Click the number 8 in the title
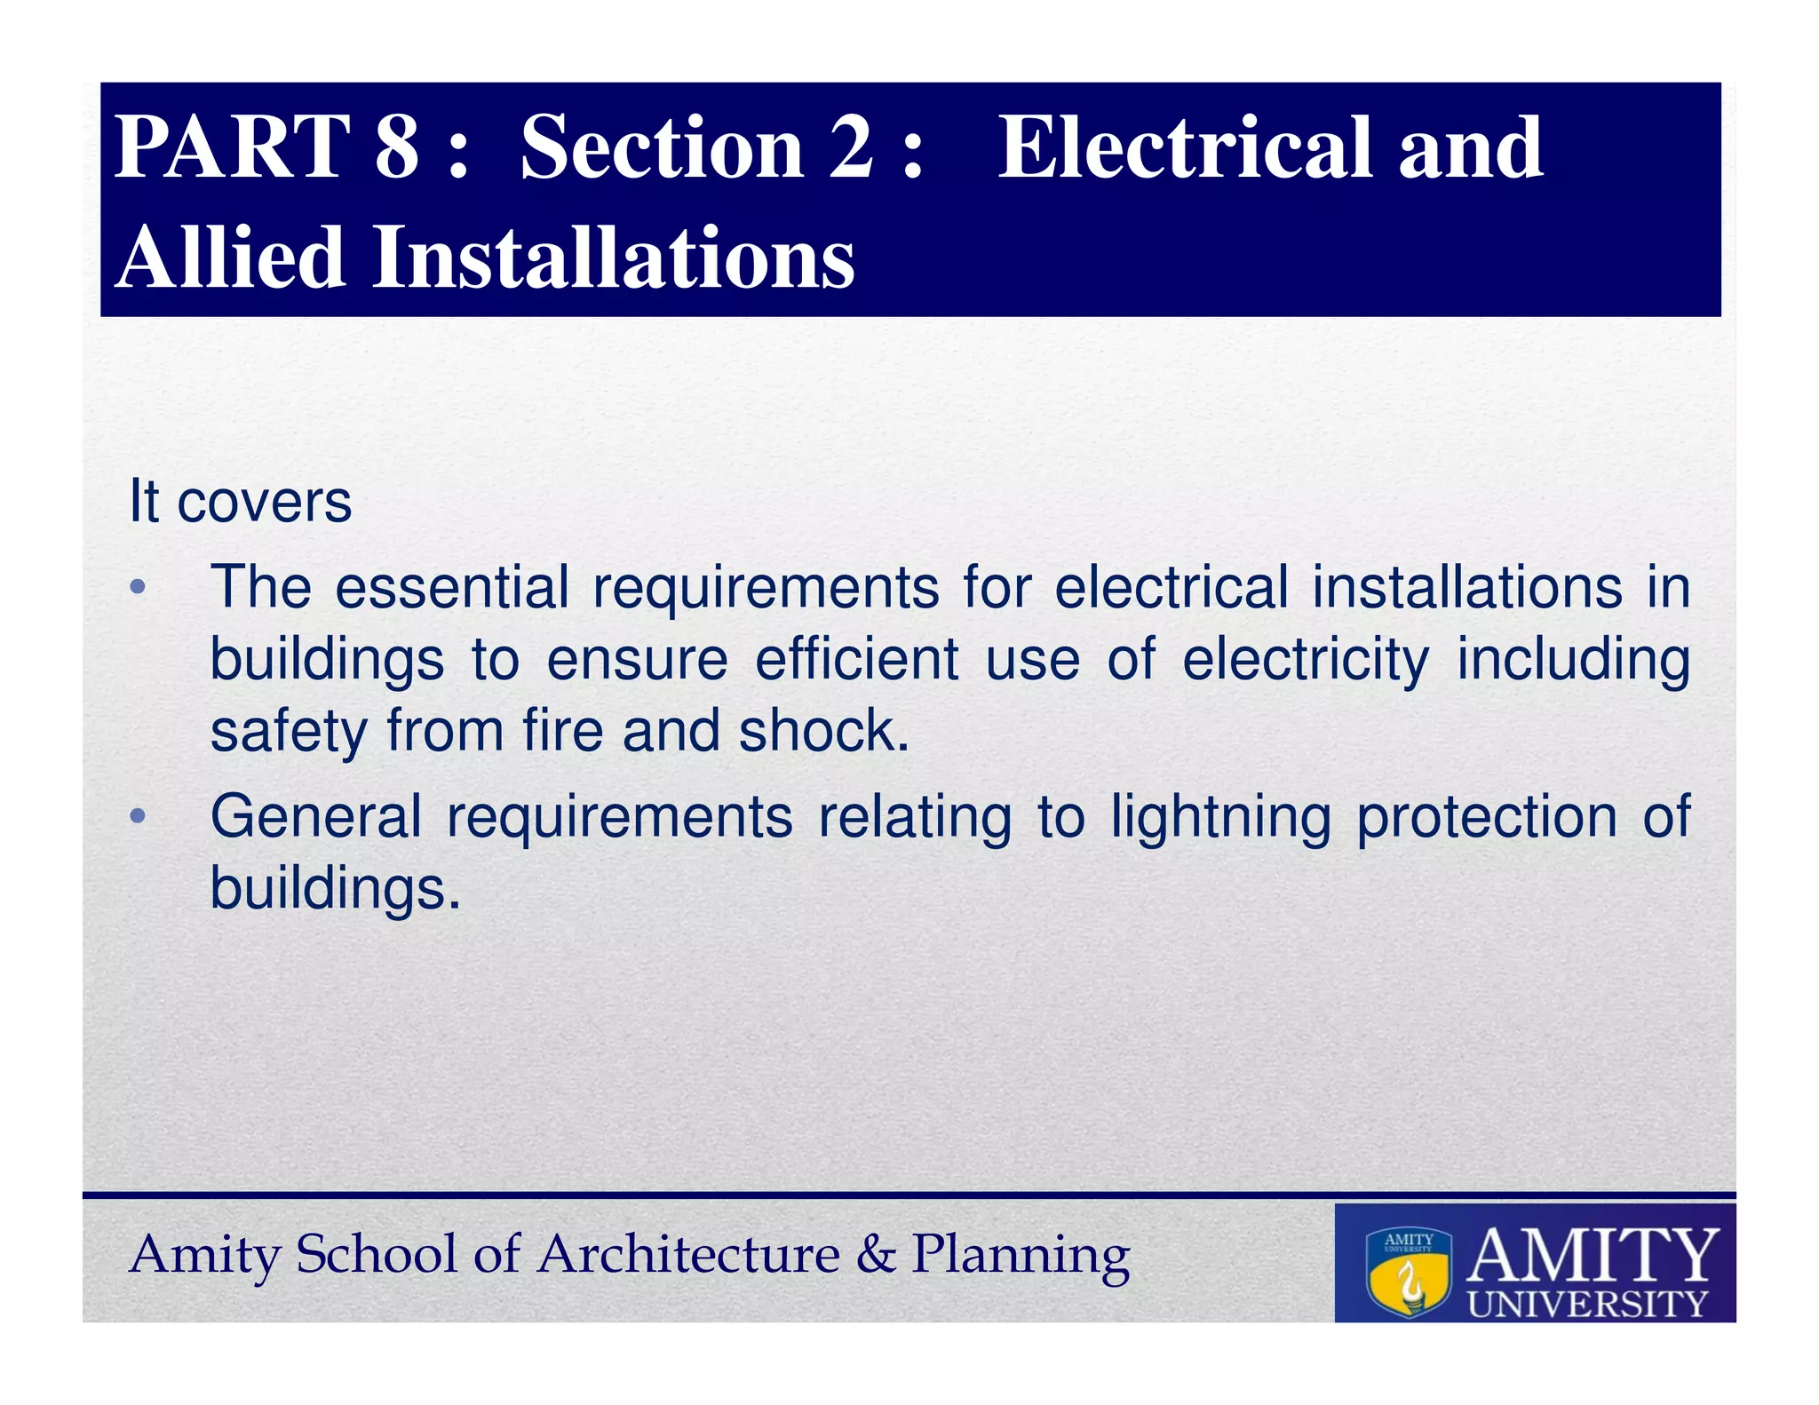click(396, 147)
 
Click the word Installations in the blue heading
click(613, 258)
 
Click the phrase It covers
click(241, 502)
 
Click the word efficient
click(856, 660)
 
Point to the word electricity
click(1306, 660)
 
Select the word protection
click(1486, 817)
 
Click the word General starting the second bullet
click(315, 817)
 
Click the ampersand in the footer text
click(876, 1255)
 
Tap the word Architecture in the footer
click(689, 1255)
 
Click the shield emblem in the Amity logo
click(1409, 1272)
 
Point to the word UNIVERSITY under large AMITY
click(1587, 1304)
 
